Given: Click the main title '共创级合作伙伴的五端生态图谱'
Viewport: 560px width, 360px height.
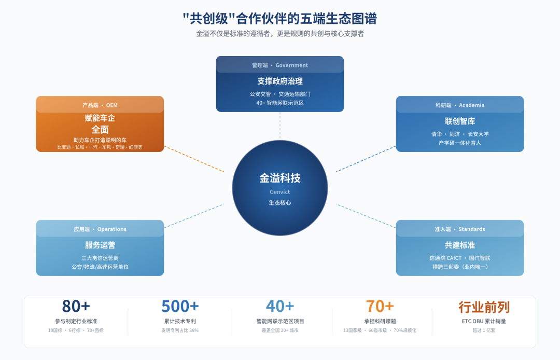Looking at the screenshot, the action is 279,19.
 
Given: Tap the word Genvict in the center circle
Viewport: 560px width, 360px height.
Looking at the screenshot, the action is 279,192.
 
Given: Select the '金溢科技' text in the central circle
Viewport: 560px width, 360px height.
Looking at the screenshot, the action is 279,178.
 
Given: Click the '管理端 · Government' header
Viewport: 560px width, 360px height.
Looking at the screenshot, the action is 279,65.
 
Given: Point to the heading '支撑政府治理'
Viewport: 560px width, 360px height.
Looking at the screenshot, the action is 279,81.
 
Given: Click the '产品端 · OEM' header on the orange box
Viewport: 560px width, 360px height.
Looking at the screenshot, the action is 100,105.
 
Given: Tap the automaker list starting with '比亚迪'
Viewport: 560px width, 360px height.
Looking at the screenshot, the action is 100,147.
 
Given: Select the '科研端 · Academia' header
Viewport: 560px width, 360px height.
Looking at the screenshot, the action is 459,105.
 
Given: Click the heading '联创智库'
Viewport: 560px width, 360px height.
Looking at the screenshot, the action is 459,121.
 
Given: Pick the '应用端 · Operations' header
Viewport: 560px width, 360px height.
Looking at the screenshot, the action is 100,229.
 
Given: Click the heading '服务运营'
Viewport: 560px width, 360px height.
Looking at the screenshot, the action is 100,245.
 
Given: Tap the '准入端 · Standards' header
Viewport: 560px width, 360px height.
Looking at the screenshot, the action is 459,229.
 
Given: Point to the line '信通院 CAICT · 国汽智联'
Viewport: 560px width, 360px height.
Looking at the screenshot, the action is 459,258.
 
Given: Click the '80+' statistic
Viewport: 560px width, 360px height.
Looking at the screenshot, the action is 76,307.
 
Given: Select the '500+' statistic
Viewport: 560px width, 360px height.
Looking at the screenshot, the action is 179,307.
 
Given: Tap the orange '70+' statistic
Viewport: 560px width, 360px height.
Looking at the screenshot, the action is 380,307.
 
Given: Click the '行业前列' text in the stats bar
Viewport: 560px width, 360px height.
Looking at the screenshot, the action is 484,307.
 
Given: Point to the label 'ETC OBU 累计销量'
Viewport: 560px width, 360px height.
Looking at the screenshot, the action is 484,321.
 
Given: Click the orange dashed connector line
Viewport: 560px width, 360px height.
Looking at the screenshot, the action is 194,159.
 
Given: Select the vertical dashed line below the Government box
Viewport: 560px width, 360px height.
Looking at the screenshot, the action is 279,126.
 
